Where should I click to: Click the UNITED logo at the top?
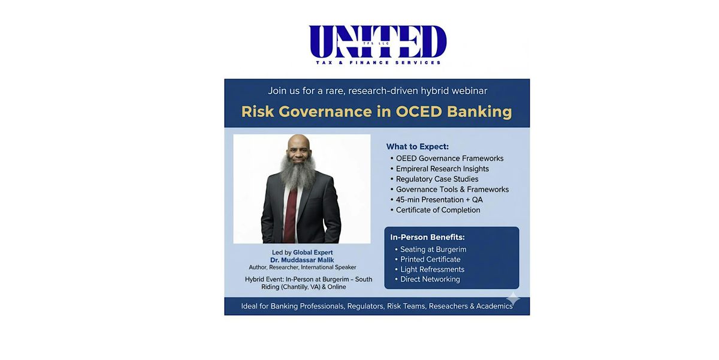(x=377, y=42)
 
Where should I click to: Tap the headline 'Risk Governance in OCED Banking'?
(x=376, y=112)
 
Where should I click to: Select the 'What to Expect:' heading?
(x=417, y=146)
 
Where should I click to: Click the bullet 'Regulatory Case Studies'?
(x=437, y=179)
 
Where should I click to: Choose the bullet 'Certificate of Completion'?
(x=438, y=210)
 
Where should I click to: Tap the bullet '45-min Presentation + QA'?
(x=439, y=200)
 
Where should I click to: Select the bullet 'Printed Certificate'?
(x=430, y=259)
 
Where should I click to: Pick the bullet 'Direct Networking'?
(x=430, y=279)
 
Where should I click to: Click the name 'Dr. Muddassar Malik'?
(x=302, y=260)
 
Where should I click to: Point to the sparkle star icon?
(x=513, y=298)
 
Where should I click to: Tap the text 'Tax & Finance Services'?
(x=378, y=62)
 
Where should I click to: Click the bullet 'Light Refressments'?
(x=432, y=269)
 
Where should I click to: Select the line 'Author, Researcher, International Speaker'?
(x=303, y=268)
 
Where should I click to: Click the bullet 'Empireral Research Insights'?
(x=442, y=169)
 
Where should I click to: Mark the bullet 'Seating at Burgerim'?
(x=433, y=249)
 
